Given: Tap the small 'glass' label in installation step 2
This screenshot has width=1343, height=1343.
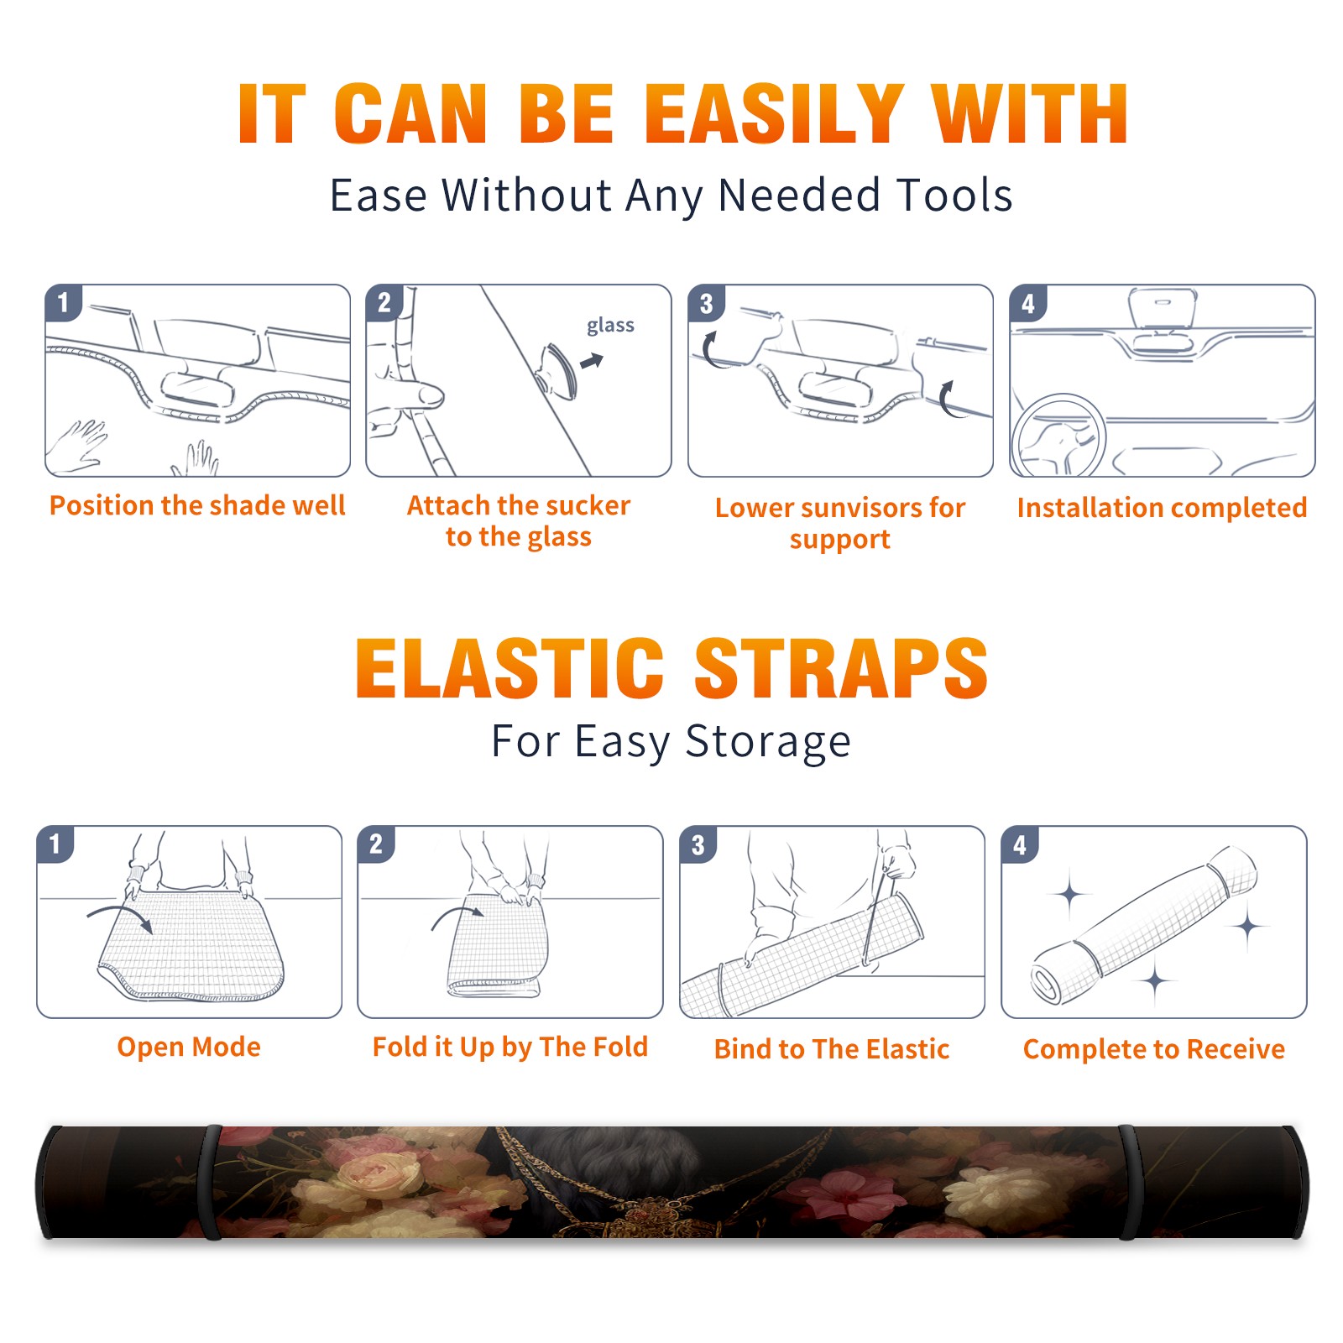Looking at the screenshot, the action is coord(610,326).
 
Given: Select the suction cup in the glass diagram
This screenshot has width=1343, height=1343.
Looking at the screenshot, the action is coord(559,369).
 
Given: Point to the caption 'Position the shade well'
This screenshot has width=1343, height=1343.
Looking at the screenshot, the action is coord(197,505).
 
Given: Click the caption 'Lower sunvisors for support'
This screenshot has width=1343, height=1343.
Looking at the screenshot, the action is coord(840,523).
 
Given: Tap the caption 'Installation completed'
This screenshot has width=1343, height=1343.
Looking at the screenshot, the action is coord(1162,508).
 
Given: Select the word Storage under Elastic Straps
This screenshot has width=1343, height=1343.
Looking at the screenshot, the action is coord(768,742).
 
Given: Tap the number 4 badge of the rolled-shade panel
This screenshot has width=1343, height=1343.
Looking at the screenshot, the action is coord(1020,844).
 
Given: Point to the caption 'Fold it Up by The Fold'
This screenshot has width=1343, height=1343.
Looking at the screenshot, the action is coord(510,1047).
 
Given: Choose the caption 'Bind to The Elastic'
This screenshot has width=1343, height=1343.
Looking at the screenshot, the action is coord(832,1049).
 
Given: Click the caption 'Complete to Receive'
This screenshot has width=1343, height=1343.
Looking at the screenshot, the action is coord(1154,1049).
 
